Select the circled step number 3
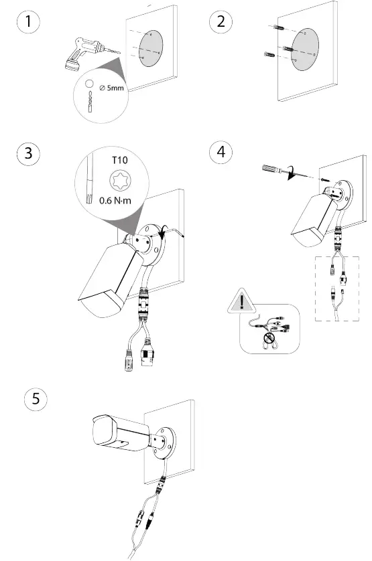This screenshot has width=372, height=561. coord(27,153)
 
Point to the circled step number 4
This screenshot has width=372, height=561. coord(219,153)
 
